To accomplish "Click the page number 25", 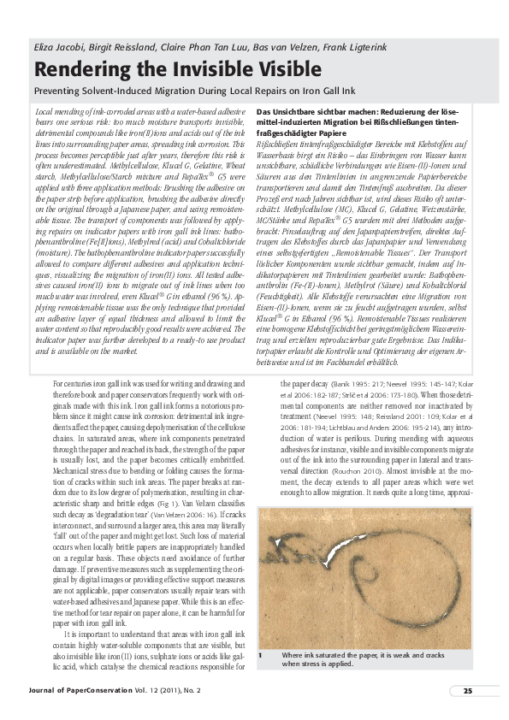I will [x=468, y=690].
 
